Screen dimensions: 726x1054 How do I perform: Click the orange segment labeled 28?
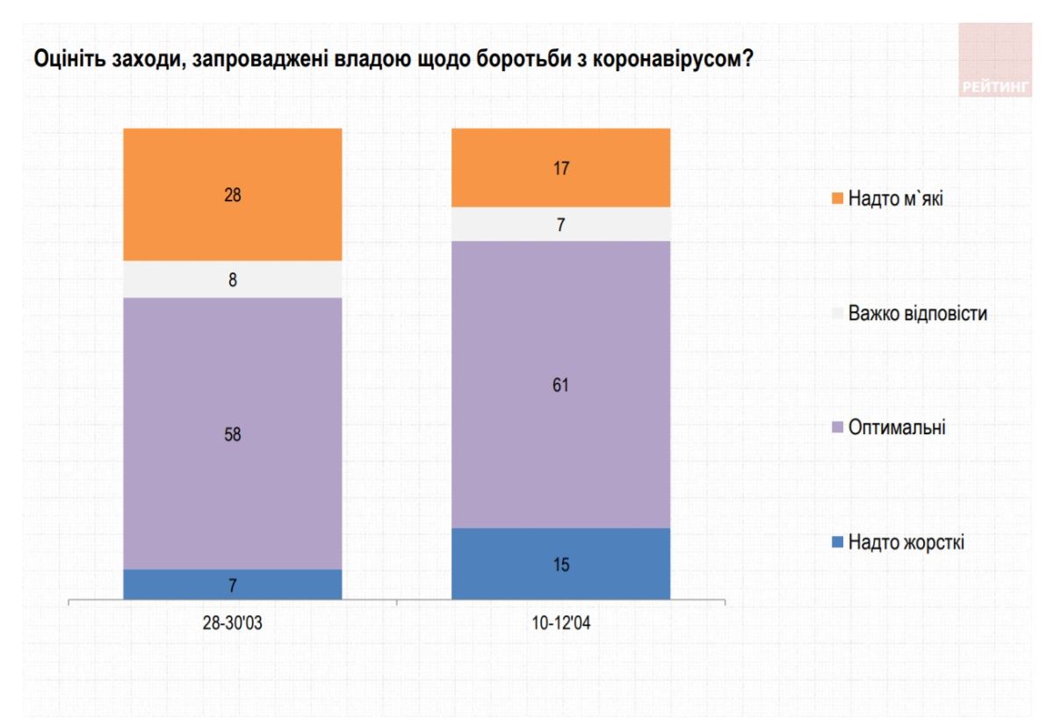(x=232, y=195)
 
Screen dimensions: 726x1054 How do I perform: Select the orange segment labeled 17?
(x=560, y=168)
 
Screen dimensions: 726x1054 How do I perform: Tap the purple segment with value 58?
(x=232, y=433)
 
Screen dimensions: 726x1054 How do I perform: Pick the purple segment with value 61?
(x=560, y=384)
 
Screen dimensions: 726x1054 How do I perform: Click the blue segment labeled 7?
(x=232, y=584)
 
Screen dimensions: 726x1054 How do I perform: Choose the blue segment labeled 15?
(x=560, y=563)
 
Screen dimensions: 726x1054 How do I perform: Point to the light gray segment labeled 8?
(x=232, y=280)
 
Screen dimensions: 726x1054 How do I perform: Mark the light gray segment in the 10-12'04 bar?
(x=560, y=224)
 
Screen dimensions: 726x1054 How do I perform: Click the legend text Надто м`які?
(x=896, y=199)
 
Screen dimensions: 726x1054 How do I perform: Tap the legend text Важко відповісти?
(x=917, y=313)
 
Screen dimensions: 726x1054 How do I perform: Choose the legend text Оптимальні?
(x=897, y=428)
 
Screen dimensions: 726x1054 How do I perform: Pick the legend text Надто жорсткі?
(x=906, y=542)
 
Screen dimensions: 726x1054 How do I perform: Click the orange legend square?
(x=837, y=199)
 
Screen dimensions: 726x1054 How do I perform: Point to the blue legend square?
(x=837, y=542)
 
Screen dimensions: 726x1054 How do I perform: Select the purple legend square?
(x=837, y=428)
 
